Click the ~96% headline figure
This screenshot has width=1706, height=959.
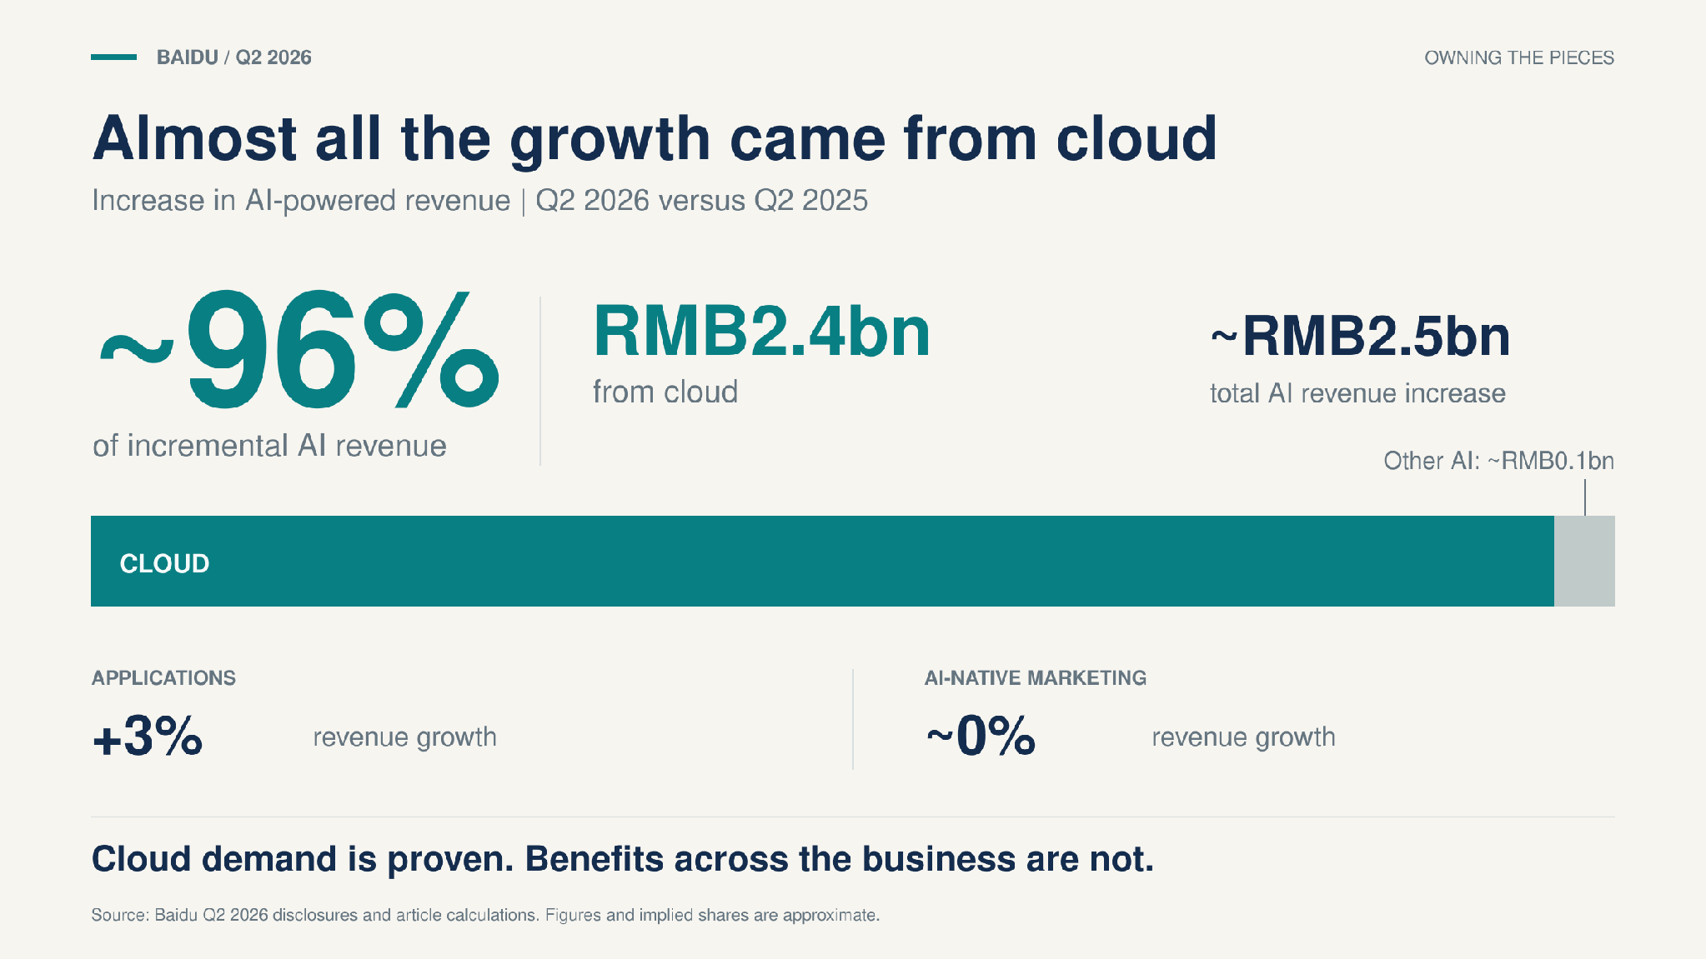pyautogui.click(x=299, y=349)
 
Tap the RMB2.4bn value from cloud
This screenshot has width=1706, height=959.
pyautogui.click(x=761, y=332)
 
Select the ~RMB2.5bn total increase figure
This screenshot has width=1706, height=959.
pyautogui.click(x=1360, y=337)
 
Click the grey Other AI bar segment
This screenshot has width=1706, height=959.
pyautogui.click(x=1584, y=561)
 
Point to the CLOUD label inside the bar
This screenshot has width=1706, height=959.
pyautogui.click(x=164, y=564)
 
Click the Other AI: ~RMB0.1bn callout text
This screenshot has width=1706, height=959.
pyautogui.click(x=1498, y=461)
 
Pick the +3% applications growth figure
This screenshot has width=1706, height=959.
pyautogui.click(x=148, y=736)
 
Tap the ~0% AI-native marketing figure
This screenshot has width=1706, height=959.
pyautogui.click(x=981, y=736)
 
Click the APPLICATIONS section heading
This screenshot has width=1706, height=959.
pyautogui.click(x=163, y=678)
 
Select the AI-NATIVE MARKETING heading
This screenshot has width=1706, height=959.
pyautogui.click(x=1035, y=678)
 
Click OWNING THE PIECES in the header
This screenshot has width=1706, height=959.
pyautogui.click(x=1519, y=57)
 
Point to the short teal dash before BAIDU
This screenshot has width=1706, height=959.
pyautogui.click(x=113, y=57)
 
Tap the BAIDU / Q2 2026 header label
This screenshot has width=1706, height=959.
pyautogui.click(x=234, y=57)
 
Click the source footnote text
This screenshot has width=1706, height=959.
pyautogui.click(x=485, y=915)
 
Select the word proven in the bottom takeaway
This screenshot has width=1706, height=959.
pyautogui.click(x=450, y=859)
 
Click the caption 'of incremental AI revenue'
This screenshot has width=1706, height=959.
pyautogui.click(x=269, y=446)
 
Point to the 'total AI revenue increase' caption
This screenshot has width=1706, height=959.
pyautogui.click(x=1357, y=393)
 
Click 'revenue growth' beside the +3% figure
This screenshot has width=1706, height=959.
pyautogui.click(x=405, y=737)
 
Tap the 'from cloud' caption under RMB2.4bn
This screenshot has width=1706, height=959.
pyautogui.click(x=665, y=392)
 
